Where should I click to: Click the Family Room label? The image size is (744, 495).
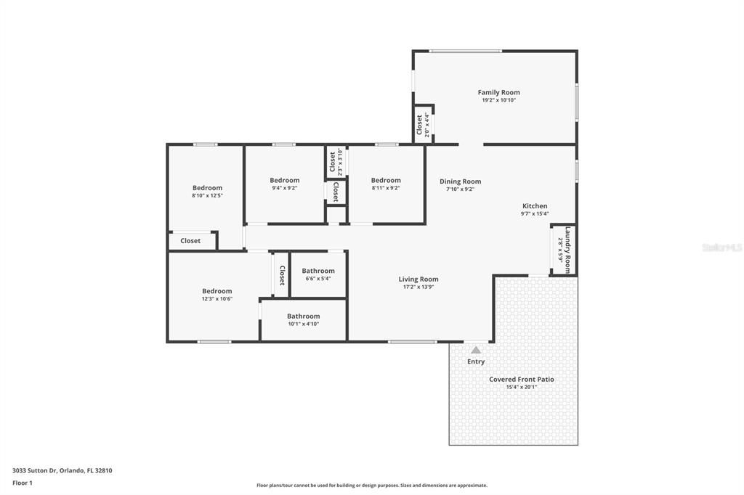coord(498,92)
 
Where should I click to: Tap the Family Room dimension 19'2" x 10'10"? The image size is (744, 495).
coord(498,100)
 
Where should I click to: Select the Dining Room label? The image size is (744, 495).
coord(460,181)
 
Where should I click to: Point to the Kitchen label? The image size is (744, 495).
coord(534,206)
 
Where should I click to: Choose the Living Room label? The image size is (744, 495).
coord(418,279)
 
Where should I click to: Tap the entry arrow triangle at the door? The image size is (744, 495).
coord(476,350)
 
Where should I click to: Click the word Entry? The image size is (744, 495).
coord(476,361)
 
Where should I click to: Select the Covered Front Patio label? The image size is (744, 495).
coord(521,379)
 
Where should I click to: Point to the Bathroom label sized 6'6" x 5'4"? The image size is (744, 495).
coord(318,271)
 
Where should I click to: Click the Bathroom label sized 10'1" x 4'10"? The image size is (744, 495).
coord(303,316)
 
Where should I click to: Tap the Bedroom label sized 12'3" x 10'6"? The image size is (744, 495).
coord(217,291)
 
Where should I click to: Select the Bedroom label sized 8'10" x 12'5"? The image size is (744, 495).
coord(207,188)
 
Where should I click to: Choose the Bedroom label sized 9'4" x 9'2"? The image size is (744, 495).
coord(284,180)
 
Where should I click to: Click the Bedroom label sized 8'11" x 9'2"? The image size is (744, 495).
coord(385,180)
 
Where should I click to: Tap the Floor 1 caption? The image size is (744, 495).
coord(23,483)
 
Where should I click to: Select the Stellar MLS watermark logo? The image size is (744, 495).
coord(722,247)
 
